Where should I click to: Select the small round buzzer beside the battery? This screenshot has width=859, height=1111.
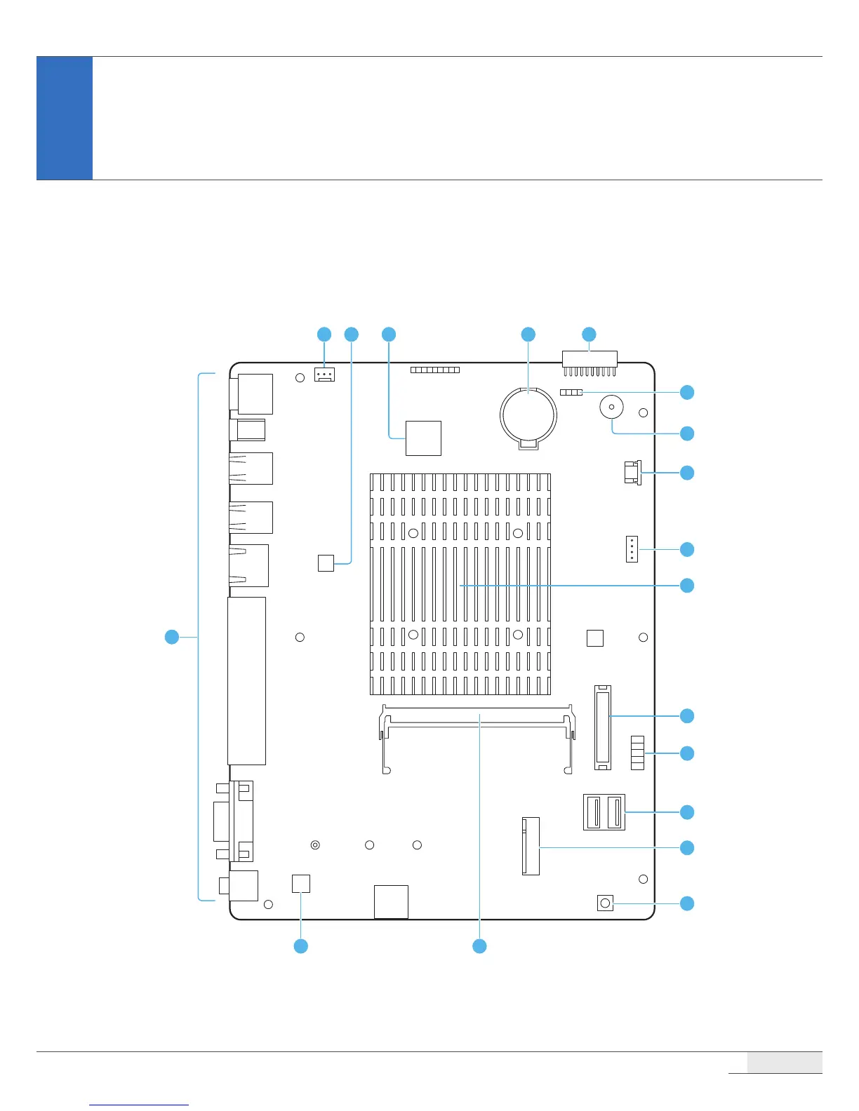(611, 407)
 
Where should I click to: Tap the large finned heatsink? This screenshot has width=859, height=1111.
(460, 584)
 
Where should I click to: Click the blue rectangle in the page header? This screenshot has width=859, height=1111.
(65, 118)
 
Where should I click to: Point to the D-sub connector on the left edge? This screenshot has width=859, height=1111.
(234, 821)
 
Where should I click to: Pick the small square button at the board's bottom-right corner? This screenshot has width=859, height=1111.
(605, 903)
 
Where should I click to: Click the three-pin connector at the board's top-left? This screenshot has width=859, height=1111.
(324, 375)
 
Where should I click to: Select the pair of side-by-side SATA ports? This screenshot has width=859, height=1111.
(604, 812)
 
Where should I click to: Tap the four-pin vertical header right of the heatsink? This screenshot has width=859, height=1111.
(632, 549)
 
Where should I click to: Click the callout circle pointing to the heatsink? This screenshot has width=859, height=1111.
(687, 585)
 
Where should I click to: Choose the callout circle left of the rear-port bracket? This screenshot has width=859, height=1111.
(171, 637)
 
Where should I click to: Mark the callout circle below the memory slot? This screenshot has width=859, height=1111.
(479, 946)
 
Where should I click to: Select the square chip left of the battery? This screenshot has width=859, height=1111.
(423, 438)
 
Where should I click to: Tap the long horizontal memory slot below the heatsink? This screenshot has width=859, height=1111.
(477, 722)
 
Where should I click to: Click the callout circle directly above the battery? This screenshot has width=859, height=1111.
(528, 335)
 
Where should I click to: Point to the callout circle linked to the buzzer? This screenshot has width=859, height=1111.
(687, 433)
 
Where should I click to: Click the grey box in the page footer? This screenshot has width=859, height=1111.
(784, 1062)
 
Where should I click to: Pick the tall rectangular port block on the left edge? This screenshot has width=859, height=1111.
(246, 680)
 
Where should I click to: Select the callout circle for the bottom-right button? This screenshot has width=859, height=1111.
(687, 903)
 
